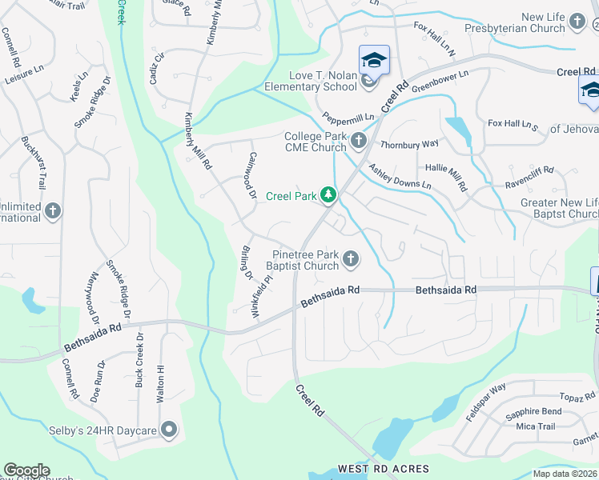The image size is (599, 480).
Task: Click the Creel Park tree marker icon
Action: pyautogui.click(x=328, y=194)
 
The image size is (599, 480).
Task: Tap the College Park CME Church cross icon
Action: pyautogui.click(x=358, y=141)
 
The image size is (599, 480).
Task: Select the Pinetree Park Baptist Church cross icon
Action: pyautogui.click(x=350, y=258)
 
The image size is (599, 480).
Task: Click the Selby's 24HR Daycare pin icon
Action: pyautogui.click(x=168, y=430)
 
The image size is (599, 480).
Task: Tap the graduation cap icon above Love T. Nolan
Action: pyautogui.click(x=374, y=60)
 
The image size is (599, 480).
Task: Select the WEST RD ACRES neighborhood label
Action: pyautogui.click(x=384, y=469)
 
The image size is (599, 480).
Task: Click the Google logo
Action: pyautogui.click(x=26, y=470)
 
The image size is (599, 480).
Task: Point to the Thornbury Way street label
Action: pyautogui.click(x=409, y=145)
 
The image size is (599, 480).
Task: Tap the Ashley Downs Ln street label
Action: pyautogui.click(x=400, y=176)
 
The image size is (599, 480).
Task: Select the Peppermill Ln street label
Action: pyautogui.click(x=348, y=117)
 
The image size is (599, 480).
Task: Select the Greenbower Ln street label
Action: pyautogui.click(x=440, y=78)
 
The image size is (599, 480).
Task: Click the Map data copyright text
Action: pyautogui.click(x=565, y=474)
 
